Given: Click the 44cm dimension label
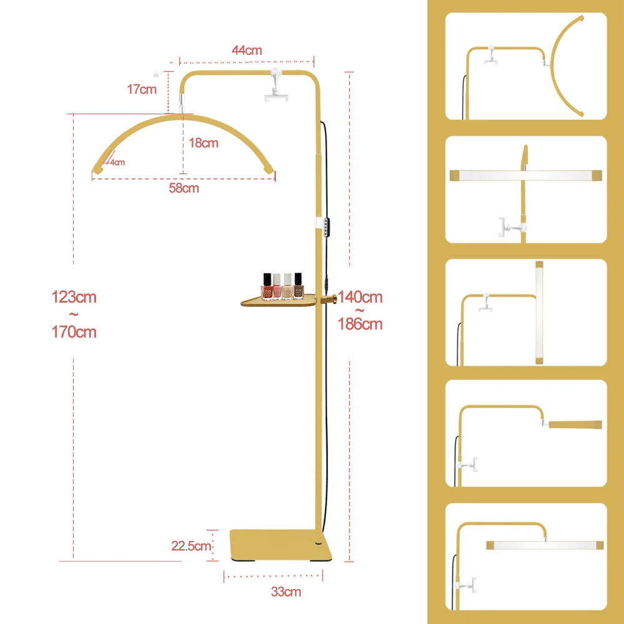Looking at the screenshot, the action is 246,51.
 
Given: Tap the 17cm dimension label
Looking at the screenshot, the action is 142,89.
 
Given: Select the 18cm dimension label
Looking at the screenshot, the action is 203,143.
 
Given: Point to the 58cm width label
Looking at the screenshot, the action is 184,188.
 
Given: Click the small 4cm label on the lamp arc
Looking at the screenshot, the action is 117,162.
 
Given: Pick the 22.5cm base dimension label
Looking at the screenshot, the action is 191,546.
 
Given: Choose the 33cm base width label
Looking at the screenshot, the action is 286,592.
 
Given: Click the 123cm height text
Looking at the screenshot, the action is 74,297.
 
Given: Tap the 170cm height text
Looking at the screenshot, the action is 74,332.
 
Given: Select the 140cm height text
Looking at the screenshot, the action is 360,297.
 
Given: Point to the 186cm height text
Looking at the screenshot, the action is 360,324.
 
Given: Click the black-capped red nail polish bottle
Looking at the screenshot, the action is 267,286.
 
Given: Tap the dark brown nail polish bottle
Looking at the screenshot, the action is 298,286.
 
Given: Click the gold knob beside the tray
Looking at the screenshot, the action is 328,298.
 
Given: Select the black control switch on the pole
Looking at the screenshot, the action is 327,228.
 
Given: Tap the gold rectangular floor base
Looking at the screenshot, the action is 281,545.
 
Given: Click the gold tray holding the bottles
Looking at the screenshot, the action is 278,301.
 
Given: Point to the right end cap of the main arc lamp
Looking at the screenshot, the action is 269,169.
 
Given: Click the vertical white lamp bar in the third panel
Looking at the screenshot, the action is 539,313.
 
